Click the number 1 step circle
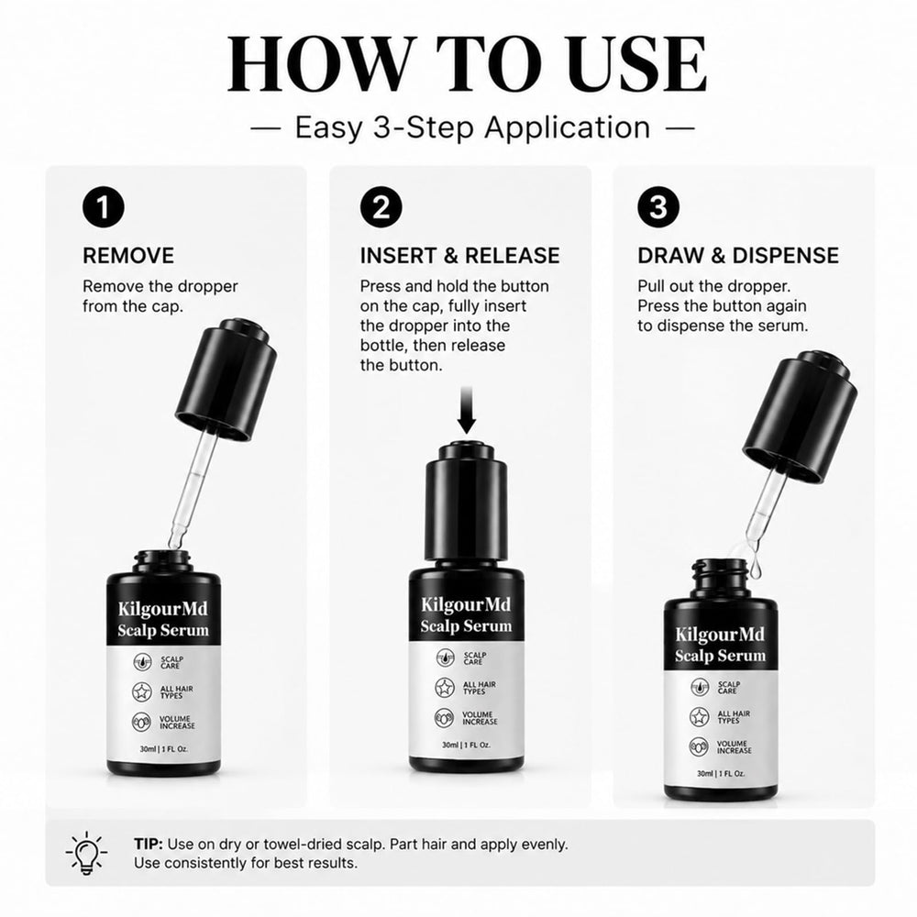(x=104, y=207)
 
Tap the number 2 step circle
(x=381, y=207)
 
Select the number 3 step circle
(x=657, y=207)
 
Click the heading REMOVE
(x=128, y=256)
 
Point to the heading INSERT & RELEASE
(x=459, y=256)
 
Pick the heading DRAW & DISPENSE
(x=738, y=256)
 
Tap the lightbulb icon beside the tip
(x=86, y=853)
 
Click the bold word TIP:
(x=149, y=845)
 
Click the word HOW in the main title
(x=315, y=64)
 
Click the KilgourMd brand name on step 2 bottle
(x=466, y=604)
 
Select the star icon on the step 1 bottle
(x=141, y=691)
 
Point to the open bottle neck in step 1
(x=163, y=562)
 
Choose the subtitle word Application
(x=568, y=127)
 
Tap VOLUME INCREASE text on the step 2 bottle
(x=480, y=718)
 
